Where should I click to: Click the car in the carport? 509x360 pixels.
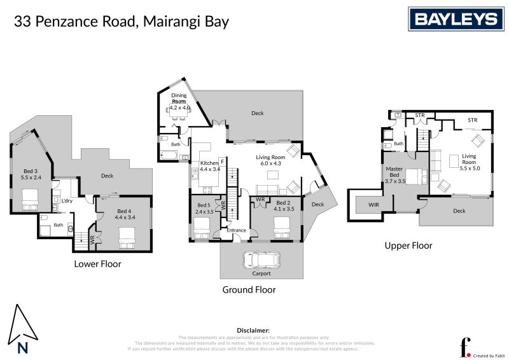pos(261,260)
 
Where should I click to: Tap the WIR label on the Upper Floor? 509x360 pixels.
pos(373,204)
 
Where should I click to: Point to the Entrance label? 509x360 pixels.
pos(237,230)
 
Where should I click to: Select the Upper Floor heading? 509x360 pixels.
pos(408,245)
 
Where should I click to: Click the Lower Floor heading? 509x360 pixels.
pos(97,263)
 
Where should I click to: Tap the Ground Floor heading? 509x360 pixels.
pos(249,289)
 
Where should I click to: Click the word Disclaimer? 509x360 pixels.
pos(253,331)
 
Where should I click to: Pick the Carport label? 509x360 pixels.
pos(261,273)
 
